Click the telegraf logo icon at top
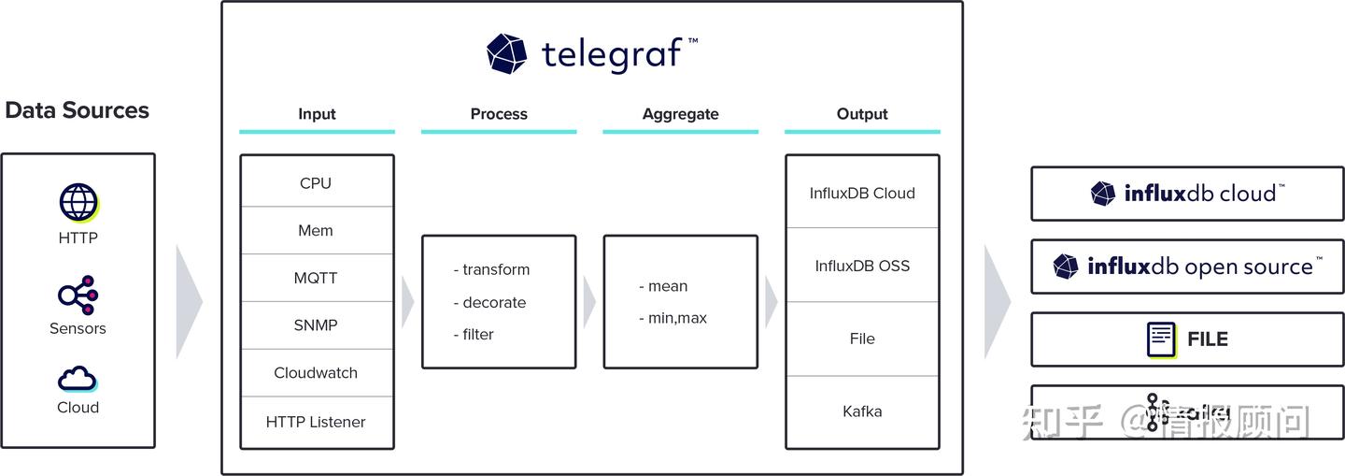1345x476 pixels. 507,53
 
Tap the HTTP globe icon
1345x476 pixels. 78,203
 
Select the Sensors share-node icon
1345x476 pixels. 78,296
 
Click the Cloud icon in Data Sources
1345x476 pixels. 78,378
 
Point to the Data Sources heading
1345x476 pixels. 77,110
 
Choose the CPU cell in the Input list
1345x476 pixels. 316,183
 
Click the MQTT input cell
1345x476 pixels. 316,278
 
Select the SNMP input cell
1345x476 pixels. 316,325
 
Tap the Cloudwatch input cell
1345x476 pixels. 316,373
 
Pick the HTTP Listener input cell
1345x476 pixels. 316,422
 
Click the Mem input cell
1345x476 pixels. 316,230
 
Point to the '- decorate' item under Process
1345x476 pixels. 489,302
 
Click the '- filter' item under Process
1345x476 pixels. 474,334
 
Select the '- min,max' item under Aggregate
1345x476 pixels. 672,318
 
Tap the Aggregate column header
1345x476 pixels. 680,114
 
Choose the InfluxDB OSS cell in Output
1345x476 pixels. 862,266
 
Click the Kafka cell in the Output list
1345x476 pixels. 862,411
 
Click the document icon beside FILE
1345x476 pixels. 1161,339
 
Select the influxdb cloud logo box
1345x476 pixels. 1187,194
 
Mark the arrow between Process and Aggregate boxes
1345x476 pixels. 589,302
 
